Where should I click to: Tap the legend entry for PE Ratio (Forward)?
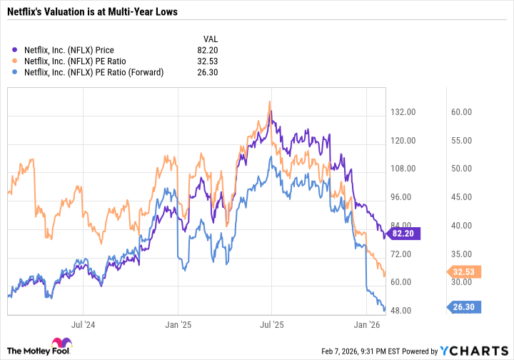tap(93, 71)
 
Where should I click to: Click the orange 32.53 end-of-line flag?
tap(465, 271)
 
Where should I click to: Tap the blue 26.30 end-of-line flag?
tap(465, 307)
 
